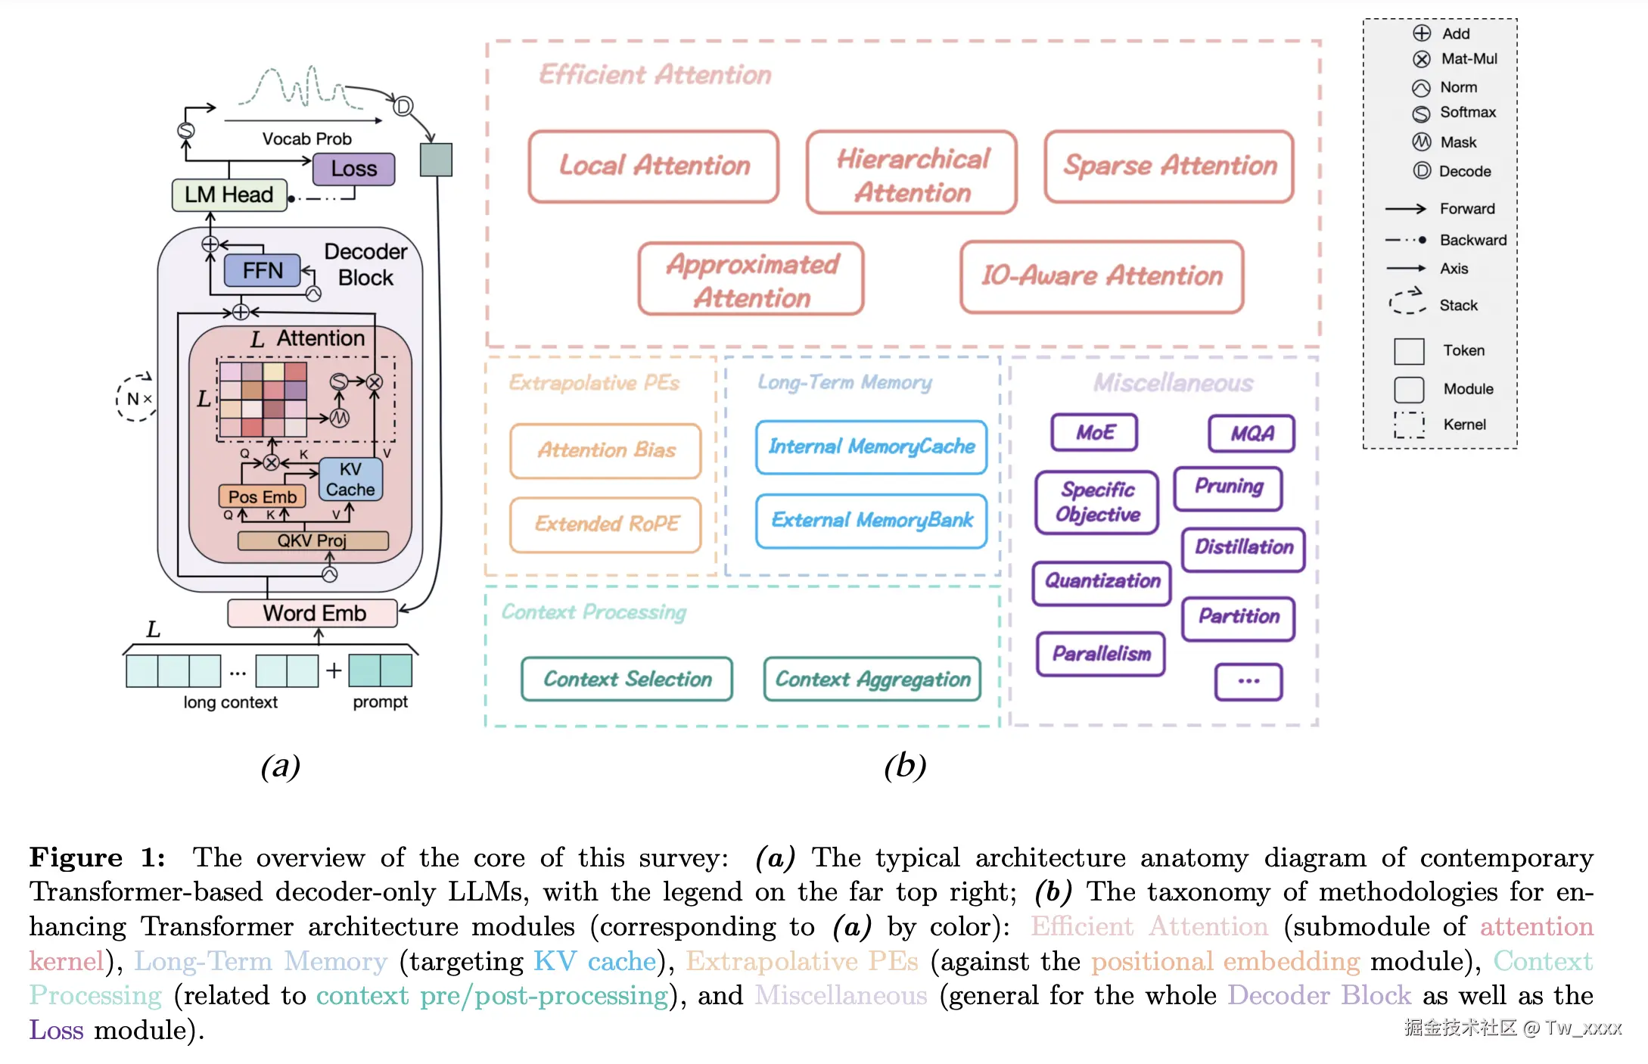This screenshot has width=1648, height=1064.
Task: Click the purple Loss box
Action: (353, 169)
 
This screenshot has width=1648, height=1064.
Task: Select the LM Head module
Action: (229, 194)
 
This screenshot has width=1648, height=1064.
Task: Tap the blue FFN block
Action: (262, 271)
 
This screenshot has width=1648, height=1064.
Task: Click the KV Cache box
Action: (350, 480)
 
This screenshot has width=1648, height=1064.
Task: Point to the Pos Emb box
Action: (262, 496)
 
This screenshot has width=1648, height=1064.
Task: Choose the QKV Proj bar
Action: (312, 540)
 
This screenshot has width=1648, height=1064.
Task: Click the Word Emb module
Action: (312, 613)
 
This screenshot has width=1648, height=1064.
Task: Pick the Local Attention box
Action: (654, 166)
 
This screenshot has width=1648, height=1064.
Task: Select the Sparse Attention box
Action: (1169, 166)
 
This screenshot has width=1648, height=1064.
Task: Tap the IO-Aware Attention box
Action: (1101, 276)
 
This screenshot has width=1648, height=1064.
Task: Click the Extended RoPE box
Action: (606, 524)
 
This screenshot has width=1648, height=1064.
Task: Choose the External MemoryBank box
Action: (872, 521)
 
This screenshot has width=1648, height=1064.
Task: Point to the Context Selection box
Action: (627, 679)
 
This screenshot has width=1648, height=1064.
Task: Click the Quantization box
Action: (1102, 582)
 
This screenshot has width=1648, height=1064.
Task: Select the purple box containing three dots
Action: (1248, 681)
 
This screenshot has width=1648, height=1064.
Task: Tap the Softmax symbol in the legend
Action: (1421, 114)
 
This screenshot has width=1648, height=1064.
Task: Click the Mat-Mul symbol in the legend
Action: (1422, 59)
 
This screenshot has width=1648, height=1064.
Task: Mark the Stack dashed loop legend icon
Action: (1407, 302)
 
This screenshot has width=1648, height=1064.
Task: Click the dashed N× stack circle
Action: (137, 398)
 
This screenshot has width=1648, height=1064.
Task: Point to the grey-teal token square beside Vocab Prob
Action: (436, 160)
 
